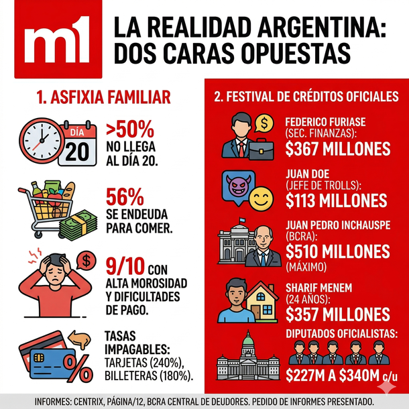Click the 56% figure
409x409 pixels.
click(x=125, y=197)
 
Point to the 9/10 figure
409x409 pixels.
click(x=125, y=267)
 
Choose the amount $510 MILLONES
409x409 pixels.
click(x=337, y=251)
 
